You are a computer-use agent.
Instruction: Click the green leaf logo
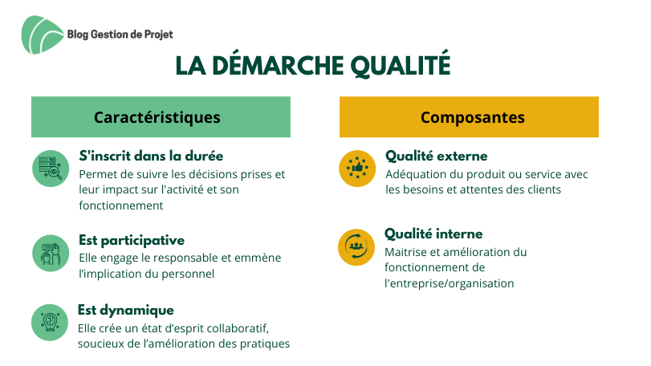42,35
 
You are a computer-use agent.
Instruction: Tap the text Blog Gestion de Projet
120,35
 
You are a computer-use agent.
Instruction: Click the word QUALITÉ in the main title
401,65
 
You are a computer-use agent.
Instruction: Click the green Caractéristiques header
161,117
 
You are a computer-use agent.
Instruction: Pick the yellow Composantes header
469,117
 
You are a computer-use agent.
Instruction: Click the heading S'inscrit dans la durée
151,156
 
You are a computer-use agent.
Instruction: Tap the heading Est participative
132,240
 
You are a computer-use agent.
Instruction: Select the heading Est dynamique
126,310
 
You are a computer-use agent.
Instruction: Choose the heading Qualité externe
437,156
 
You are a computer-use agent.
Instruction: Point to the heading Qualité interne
433,234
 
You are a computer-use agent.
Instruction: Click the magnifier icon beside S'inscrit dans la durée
51,169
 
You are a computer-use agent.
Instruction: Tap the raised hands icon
51,253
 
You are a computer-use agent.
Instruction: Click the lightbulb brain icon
50,323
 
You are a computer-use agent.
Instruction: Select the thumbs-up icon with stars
357,169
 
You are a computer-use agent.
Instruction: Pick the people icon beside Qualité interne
356,247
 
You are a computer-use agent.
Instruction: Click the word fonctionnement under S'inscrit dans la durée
121,205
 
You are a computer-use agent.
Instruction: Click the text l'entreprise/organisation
450,283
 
